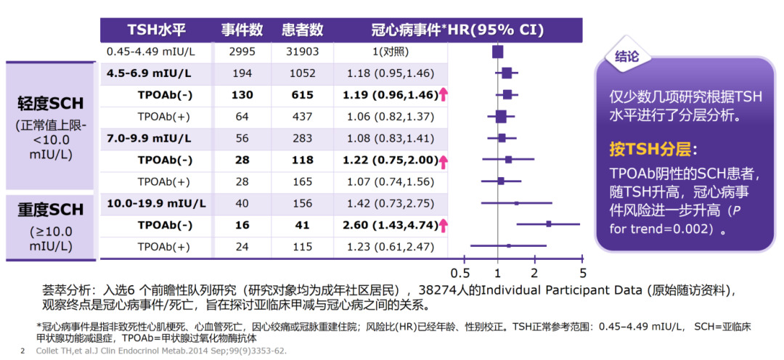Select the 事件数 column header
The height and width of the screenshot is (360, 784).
click(x=242, y=30)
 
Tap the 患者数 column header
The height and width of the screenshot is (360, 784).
click(x=302, y=30)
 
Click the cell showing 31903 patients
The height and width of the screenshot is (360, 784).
click(x=303, y=52)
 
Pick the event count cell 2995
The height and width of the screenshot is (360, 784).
click(x=242, y=52)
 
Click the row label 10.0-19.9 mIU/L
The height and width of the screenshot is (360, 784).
click(x=156, y=203)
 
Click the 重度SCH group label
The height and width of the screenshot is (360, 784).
click(x=51, y=210)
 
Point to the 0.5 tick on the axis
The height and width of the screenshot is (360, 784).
click(x=460, y=274)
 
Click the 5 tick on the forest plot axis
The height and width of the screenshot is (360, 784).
click(x=582, y=274)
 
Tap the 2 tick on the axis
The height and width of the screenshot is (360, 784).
click(x=534, y=274)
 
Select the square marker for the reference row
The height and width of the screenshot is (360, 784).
click(x=497, y=52)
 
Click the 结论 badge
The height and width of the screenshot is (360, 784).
click(x=627, y=56)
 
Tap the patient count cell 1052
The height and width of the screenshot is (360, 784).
click(x=303, y=73)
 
